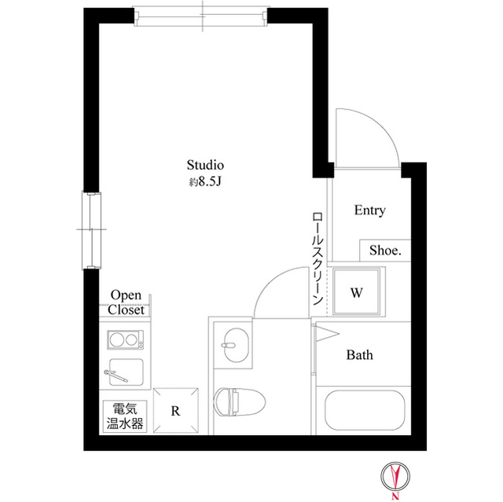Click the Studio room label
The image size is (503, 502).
(206, 166)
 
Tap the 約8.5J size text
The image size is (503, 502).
(206, 182)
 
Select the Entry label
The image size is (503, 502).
(369, 211)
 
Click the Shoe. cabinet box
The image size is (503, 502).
(386, 251)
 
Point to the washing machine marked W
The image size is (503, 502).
(356, 293)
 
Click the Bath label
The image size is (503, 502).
(360, 355)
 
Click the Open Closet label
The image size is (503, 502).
(127, 302)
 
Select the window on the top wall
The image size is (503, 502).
(203, 16)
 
